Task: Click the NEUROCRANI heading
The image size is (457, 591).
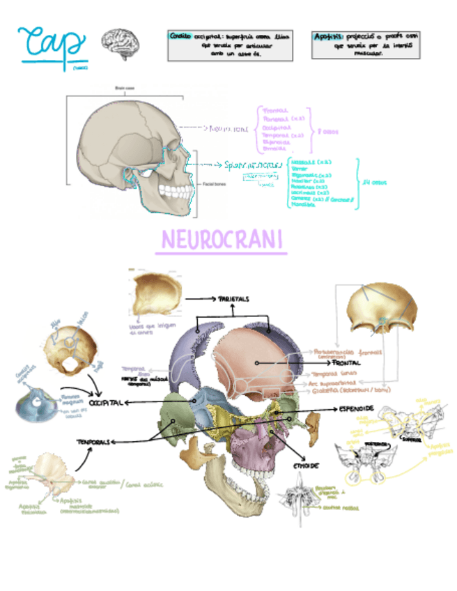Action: click(x=222, y=240)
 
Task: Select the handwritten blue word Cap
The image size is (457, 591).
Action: click(x=52, y=43)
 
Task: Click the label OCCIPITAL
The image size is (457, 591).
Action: click(x=105, y=403)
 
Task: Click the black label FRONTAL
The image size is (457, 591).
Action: click(x=346, y=363)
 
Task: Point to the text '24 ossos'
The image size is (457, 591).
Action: click(x=374, y=183)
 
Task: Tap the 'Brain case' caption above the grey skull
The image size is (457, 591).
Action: click(x=119, y=88)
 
